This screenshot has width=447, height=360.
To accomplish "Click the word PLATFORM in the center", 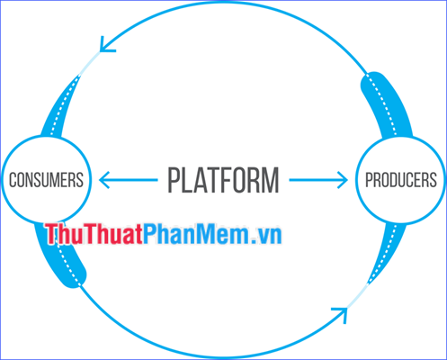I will pos(223,180).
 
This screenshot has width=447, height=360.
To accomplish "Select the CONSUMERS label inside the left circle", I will pos(46,180).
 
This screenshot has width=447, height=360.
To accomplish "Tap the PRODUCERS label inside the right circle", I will pos(400,180).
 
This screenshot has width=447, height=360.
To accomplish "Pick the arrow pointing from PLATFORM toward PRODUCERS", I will pos(318,180).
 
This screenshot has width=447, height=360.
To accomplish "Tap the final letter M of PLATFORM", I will pos(270,180).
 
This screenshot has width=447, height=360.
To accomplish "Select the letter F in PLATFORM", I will pos(224,180).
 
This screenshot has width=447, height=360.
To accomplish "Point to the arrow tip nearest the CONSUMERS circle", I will pos(102,180).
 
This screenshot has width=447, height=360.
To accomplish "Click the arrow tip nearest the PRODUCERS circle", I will pos(345,180).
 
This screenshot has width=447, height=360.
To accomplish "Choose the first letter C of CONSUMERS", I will pos(13,180).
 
